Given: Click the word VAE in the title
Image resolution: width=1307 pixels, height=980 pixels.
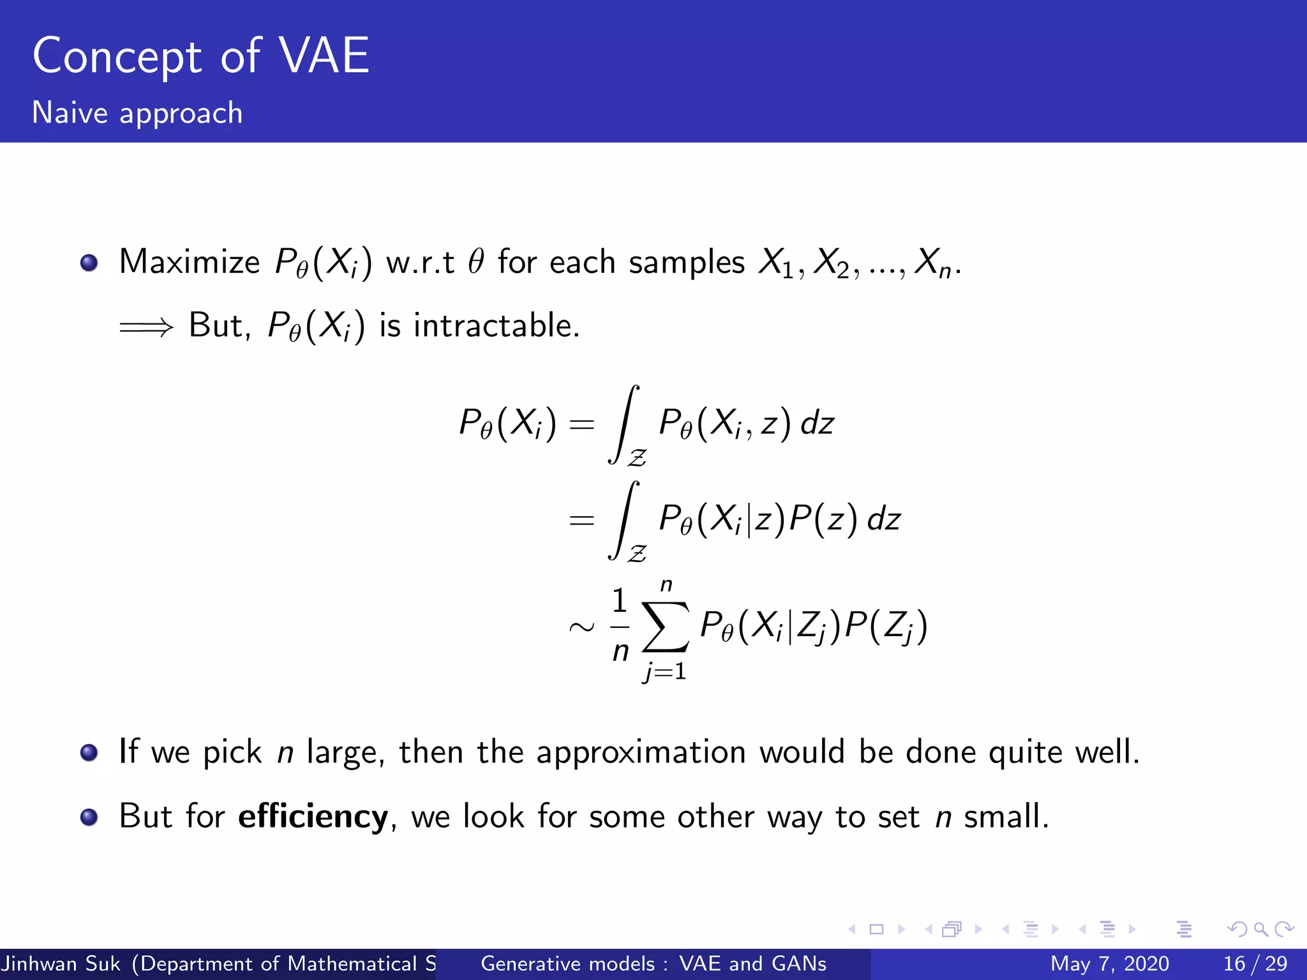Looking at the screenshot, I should tap(325, 56).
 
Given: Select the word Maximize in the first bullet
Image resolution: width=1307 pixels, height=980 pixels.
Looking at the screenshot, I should tap(190, 262).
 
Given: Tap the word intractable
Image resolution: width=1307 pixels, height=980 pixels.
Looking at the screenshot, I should tap(496, 325).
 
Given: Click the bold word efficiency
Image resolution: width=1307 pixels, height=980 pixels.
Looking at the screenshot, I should tap(313, 816).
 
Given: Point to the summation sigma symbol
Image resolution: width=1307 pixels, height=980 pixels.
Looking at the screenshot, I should tap(666, 627).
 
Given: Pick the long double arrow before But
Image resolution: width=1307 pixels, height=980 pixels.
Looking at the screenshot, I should tap(146, 327).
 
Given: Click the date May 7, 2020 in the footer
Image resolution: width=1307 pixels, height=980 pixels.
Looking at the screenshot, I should tap(1110, 963).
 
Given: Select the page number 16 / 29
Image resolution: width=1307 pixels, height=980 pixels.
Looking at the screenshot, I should tap(1255, 963).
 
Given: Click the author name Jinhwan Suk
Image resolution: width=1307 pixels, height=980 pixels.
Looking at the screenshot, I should tap(61, 963).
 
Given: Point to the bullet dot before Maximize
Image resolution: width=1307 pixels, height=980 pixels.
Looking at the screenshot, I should tap(89, 263).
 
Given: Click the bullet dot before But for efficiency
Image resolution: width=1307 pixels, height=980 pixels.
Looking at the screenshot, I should tap(89, 817).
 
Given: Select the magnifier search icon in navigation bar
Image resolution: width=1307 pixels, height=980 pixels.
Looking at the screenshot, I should tap(1260, 929).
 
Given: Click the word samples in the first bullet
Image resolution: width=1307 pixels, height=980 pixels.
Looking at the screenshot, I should tap(687, 262).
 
